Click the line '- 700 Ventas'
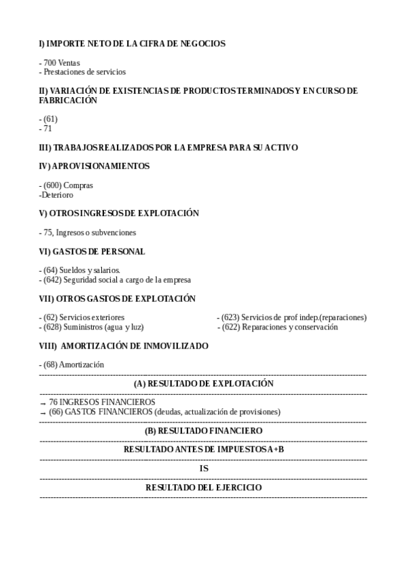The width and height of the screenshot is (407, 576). [60, 62]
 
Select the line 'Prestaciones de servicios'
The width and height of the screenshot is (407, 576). [82, 71]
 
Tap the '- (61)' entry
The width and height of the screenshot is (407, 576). [48, 119]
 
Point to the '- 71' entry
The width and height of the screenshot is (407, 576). [46, 128]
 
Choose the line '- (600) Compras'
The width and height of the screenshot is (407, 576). [66, 185]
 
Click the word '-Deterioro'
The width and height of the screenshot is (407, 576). [56, 194]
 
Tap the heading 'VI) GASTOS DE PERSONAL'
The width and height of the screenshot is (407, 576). [92, 251]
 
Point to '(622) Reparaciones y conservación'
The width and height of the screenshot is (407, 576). [279, 327]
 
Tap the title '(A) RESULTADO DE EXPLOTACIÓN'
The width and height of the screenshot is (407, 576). [203, 384]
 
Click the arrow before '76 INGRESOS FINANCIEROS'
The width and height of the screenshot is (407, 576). [43, 403]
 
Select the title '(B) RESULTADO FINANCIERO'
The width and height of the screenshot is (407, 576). [203, 431]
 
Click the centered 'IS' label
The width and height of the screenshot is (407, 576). [203, 469]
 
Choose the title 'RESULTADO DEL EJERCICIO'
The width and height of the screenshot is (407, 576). [203, 488]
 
